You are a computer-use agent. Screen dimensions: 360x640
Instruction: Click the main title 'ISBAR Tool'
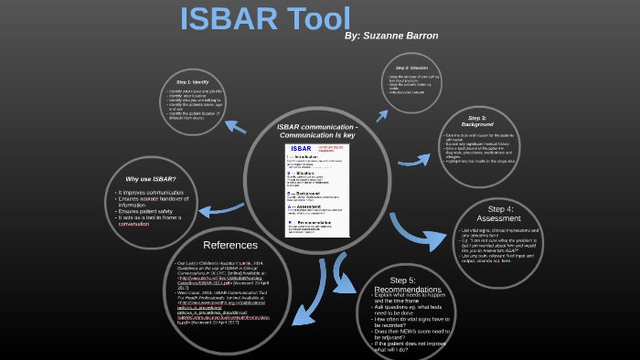point(265,20)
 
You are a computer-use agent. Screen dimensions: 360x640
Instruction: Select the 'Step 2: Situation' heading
point(414,69)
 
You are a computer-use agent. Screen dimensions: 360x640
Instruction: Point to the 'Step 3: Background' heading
point(477,121)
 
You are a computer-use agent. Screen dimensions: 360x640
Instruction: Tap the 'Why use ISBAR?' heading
point(151,178)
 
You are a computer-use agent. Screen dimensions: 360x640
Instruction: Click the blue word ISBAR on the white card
point(301,148)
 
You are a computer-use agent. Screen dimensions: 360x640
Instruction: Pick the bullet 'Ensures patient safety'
point(149,211)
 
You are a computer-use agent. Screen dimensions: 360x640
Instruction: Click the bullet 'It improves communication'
point(151,194)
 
